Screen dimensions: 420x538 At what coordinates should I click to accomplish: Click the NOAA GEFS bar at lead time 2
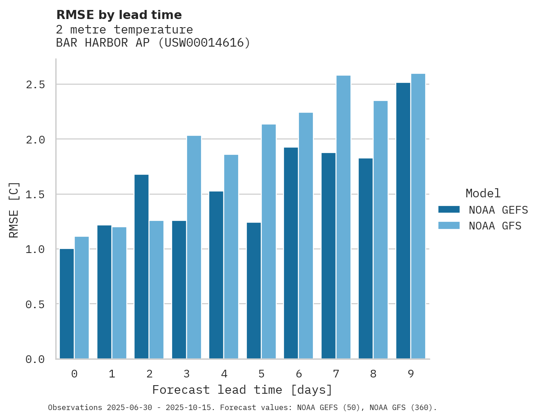pyautogui.click(x=141, y=267)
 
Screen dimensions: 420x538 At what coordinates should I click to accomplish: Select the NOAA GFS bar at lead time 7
pyautogui.click(x=343, y=217)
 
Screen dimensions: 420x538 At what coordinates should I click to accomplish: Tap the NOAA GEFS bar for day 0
pyautogui.click(x=67, y=304)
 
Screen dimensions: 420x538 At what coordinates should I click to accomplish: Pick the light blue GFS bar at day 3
pyautogui.click(x=194, y=247)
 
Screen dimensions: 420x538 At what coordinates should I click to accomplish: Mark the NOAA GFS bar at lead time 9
pyautogui.click(x=418, y=216)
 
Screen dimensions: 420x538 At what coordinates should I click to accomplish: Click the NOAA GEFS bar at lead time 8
pyautogui.click(x=365, y=258)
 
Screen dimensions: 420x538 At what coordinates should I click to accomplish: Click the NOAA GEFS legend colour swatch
pyautogui.click(x=449, y=210)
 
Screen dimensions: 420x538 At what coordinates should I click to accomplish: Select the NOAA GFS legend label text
pyautogui.click(x=495, y=226)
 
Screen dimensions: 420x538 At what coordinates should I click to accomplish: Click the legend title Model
pyautogui.click(x=483, y=193)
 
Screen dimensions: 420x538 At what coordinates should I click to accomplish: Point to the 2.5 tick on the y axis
pyautogui.click(x=35, y=85)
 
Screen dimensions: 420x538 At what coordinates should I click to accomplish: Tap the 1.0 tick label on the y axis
pyautogui.click(x=35, y=249)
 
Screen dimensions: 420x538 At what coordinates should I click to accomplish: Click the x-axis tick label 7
pyautogui.click(x=336, y=374)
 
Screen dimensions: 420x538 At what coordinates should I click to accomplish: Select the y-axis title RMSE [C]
pyautogui.click(x=14, y=210)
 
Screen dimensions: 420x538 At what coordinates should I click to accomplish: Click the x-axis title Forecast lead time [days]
pyautogui.click(x=242, y=390)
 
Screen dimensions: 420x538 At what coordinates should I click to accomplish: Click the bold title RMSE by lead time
pyautogui.click(x=119, y=15)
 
